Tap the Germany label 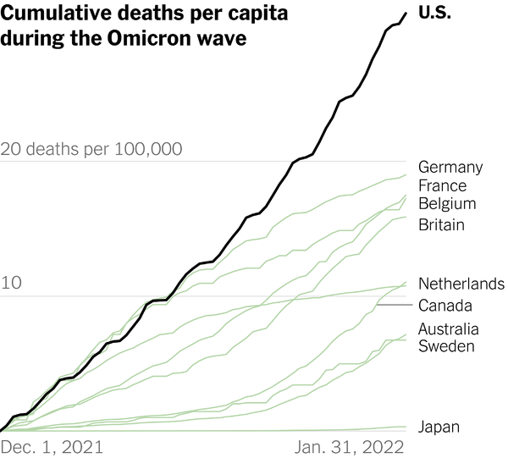point(450,167)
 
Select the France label point(442,185)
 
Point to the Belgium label point(447,204)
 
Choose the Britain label point(441,224)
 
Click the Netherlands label point(461,284)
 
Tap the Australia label point(448,328)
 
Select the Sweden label point(446,345)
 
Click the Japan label point(439,427)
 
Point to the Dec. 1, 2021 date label point(47,446)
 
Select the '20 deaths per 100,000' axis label point(91,150)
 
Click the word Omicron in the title point(163,40)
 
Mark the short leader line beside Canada point(395,305)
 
